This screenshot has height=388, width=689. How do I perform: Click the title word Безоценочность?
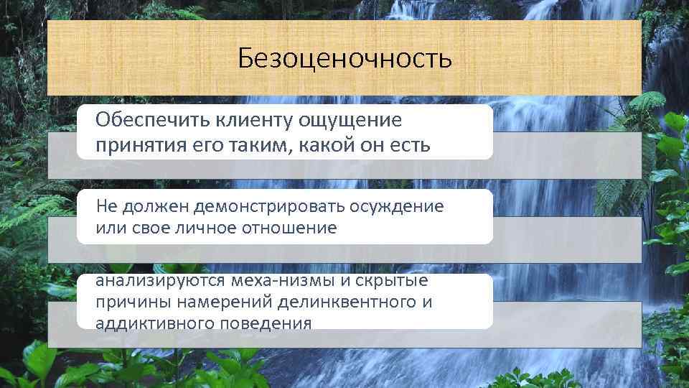(344, 57)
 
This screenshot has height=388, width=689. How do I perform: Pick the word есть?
(408, 145)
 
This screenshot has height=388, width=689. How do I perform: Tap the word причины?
(129, 302)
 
